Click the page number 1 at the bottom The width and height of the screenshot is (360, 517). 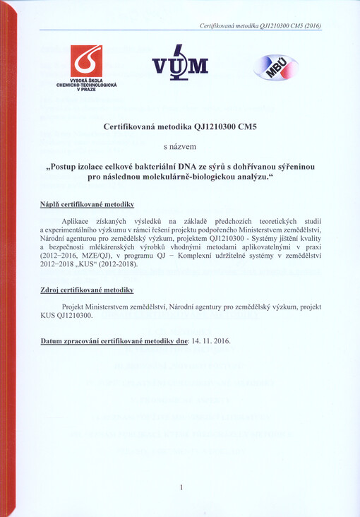coord(181,487)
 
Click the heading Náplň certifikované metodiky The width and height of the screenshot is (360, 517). coord(88,204)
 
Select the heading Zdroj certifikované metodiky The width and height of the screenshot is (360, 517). coord(88,291)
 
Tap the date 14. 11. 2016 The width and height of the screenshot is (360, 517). coord(211,340)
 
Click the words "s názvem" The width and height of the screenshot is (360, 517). coord(181,147)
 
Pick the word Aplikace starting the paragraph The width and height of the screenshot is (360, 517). coord(79,221)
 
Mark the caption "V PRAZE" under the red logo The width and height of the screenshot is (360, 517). coord(86,90)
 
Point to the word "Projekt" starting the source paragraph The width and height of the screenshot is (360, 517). coord(76,307)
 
